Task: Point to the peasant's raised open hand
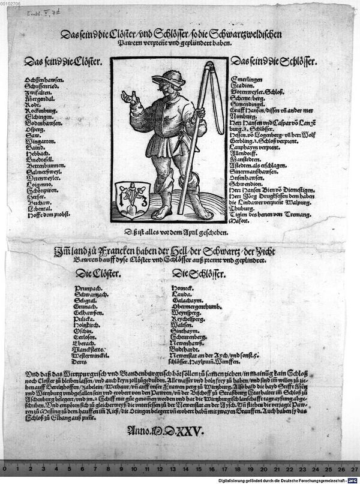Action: tap(128, 97)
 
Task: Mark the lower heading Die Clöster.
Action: tap(98, 273)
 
